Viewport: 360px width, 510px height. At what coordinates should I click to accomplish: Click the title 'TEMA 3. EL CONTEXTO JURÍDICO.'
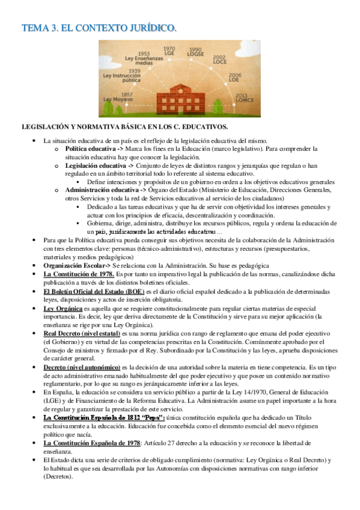[x=99, y=28]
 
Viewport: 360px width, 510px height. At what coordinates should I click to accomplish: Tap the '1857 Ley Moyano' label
[x=119, y=97]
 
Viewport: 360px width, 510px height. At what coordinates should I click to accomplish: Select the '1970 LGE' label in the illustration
[x=170, y=52]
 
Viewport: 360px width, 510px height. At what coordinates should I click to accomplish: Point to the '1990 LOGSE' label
[x=196, y=52]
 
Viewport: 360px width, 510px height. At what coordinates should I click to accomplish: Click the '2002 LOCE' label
[x=219, y=60]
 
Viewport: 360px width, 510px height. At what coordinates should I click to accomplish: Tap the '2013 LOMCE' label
[x=240, y=98]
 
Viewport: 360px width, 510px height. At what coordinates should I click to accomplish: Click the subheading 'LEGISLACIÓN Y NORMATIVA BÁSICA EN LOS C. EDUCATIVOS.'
[x=124, y=127]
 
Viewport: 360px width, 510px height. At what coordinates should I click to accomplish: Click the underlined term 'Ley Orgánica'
[x=63, y=308]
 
